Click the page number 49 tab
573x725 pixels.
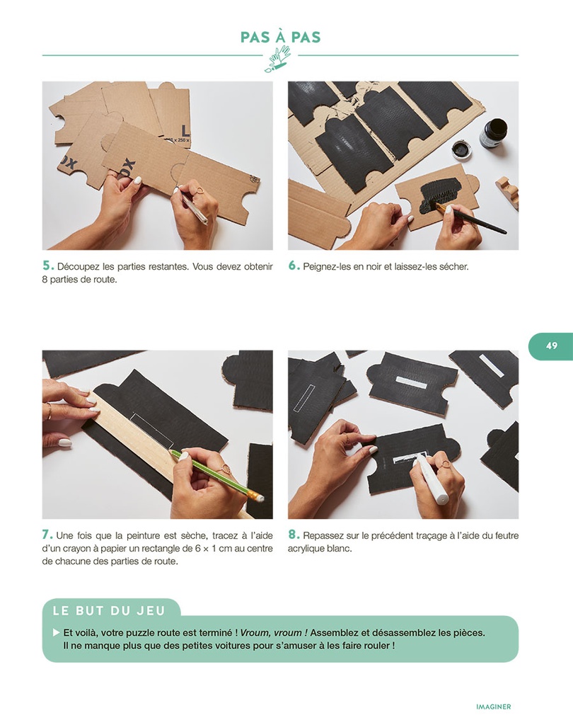pos(551,346)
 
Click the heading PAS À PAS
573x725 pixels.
pos(281,37)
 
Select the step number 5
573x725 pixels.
pos(48,266)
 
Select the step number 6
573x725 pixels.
pos(294,266)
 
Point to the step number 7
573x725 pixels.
pos(47,535)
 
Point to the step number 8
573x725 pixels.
pos(294,535)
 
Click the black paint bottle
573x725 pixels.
pos(494,133)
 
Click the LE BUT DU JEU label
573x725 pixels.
pos(109,611)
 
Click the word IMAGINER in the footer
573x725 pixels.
pos(494,707)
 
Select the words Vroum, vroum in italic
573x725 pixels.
pos(271,632)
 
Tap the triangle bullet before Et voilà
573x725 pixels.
pos(57,632)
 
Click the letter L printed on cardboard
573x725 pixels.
pos(185,130)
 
